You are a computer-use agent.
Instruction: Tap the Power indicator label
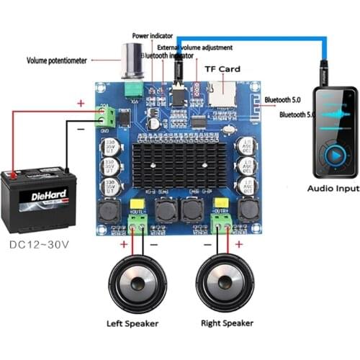coord(153,35)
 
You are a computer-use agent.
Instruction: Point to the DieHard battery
coord(37,198)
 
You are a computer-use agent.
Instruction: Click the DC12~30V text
coord(40,243)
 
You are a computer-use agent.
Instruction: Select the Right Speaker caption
coord(225,323)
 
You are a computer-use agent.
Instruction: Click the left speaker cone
coord(135,283)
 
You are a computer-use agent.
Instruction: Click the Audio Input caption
coord(333,189)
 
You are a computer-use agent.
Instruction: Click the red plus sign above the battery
coord(81,103)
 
